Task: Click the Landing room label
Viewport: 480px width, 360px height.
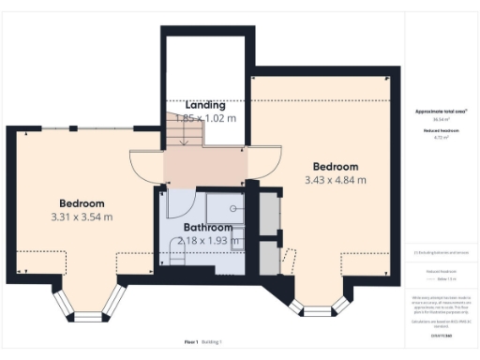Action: click(205, 104)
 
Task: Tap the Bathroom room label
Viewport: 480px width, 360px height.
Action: click(208, 228)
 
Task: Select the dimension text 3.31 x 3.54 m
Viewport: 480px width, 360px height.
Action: click(82, 217)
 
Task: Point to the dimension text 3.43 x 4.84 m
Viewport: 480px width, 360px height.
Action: click(335, 179)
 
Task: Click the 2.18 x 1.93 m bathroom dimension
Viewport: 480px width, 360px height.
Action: click(208, 241)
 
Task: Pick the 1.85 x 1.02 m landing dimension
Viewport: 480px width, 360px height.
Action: click(205, 118)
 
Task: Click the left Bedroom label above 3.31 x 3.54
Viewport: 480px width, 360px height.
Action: click(82, 203)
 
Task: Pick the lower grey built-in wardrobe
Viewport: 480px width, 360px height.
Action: click(268, 256)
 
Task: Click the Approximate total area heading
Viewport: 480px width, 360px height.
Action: click(441, 112)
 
